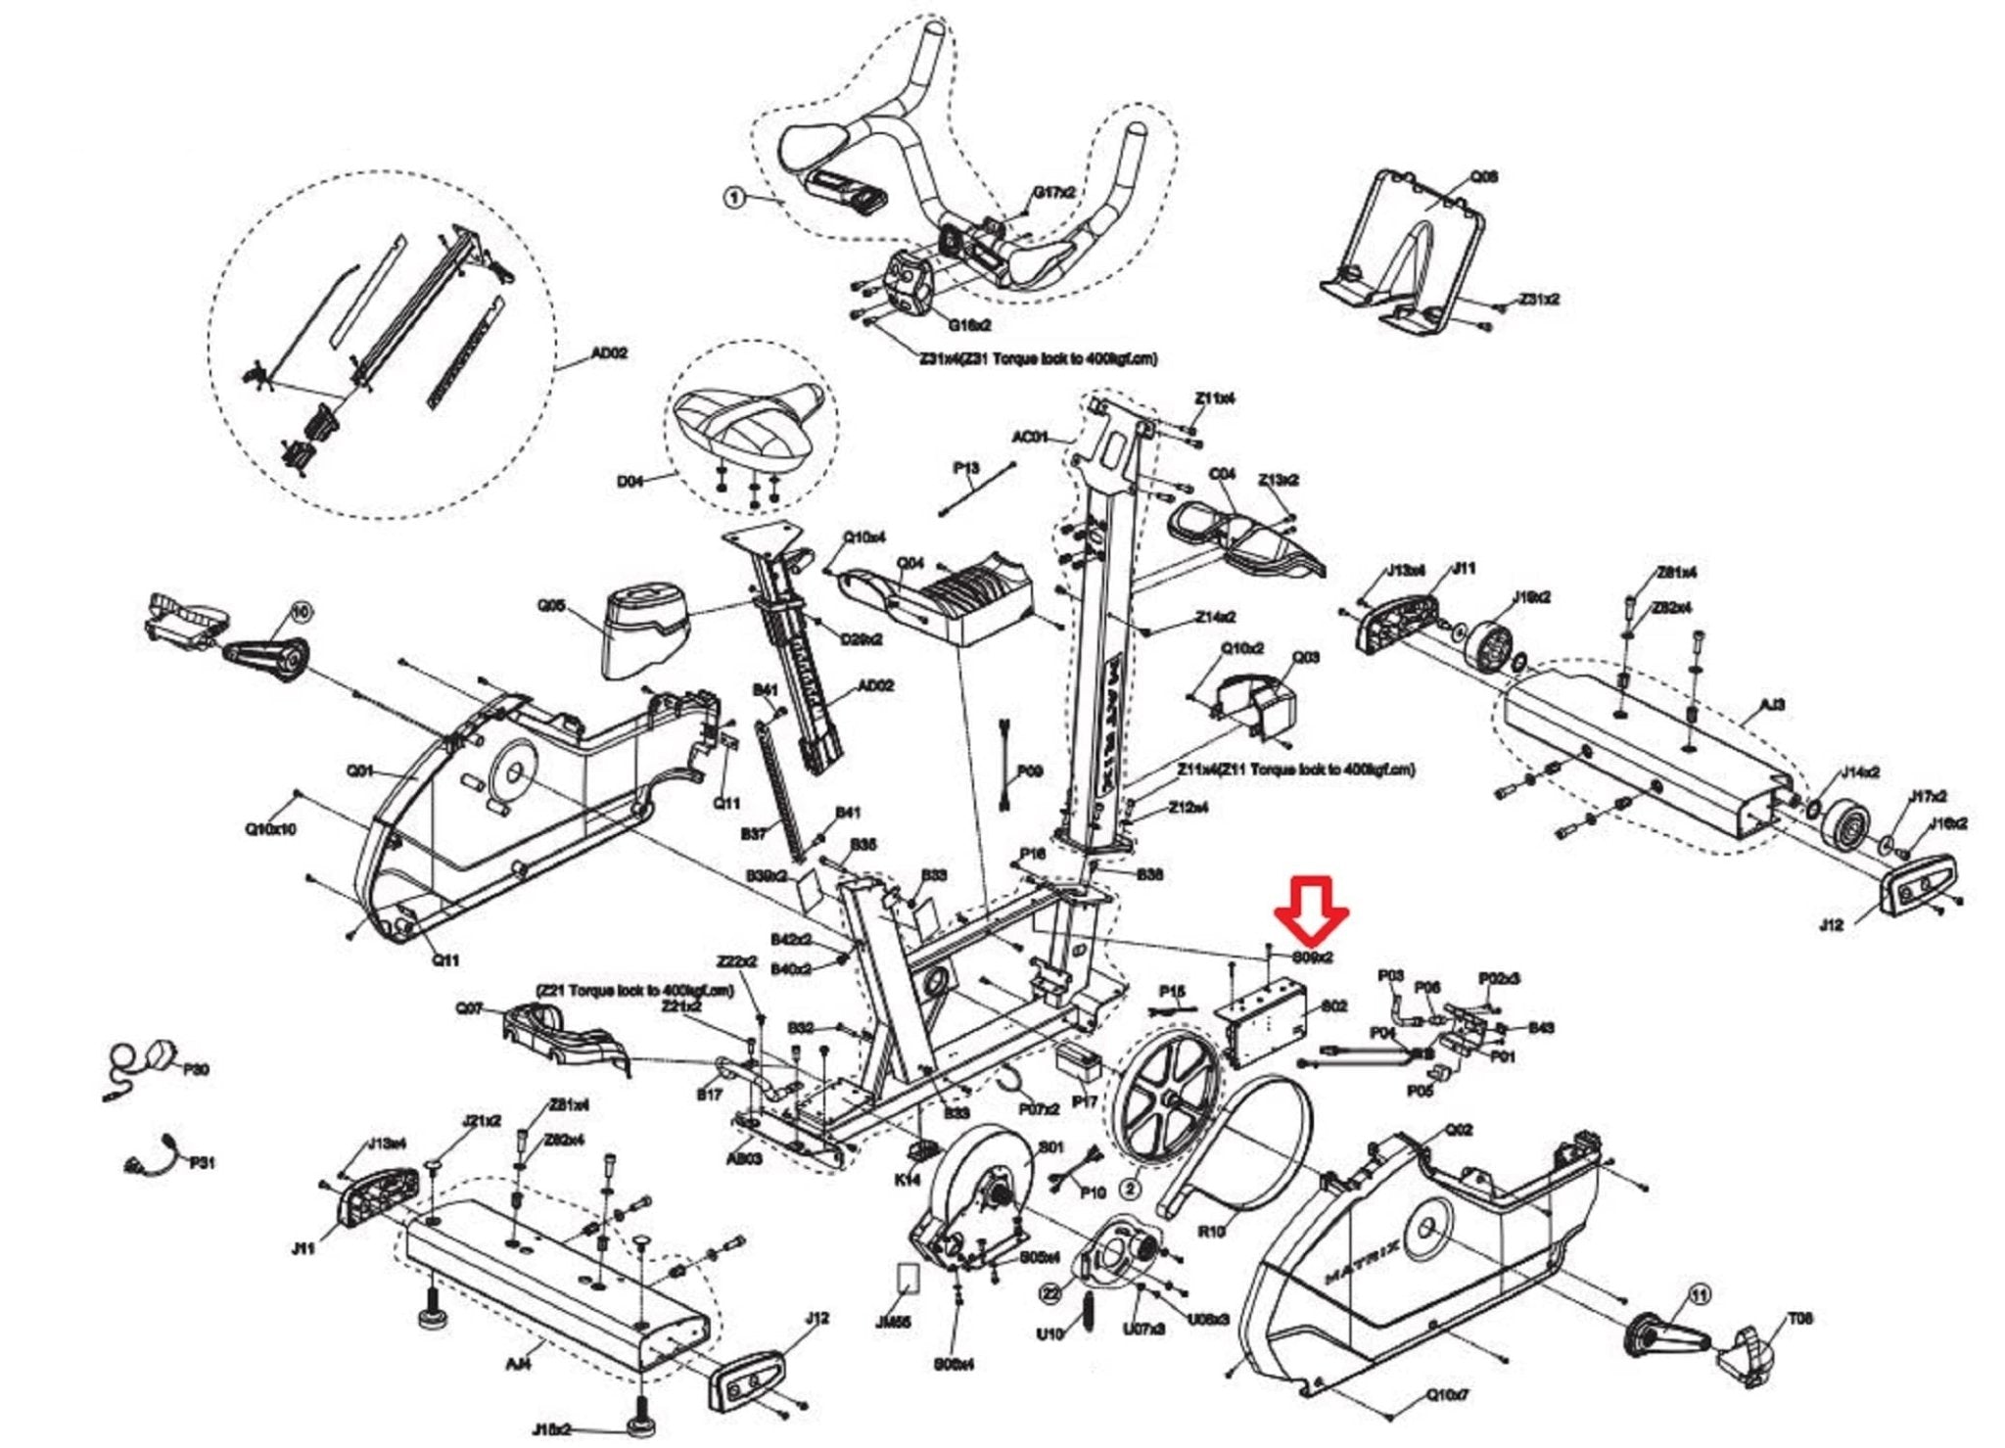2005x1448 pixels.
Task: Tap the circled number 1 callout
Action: pyautogui.click(x=734, y=198)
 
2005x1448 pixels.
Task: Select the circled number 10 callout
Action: pyautogui.click(x=301, y=612)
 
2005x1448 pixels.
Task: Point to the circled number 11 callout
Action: pyautogui.click(x=1700, y=1295)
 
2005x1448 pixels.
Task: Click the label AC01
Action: pyautogui.click(x=1030, y=437)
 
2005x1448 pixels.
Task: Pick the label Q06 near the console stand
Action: pyautogui.click(x=1483, y=177)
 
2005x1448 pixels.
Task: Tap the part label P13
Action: pyautogui.click(x=966, y=468)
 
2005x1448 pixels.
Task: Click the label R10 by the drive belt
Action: pyautogui.click(x=1211, y=1231)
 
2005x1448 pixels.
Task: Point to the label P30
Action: pyautogui.click(x=197, y=1069)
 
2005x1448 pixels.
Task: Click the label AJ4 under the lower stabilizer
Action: pyautogui.click(x=518, y=1361)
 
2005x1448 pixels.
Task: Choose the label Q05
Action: pyautogui.click(x=551, y=606)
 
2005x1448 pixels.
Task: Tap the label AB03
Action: pyautogui.click(x=743, y=1158)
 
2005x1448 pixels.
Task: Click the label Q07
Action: pyautogui.click(x=469, y=1007)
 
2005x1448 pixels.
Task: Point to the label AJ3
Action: pyautogui.click(x=1772, y=705)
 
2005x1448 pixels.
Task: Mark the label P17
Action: pyautogui.click(x=1085, y=1101)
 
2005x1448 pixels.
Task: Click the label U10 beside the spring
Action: pyautogui.click(x=1049, y=1334)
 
